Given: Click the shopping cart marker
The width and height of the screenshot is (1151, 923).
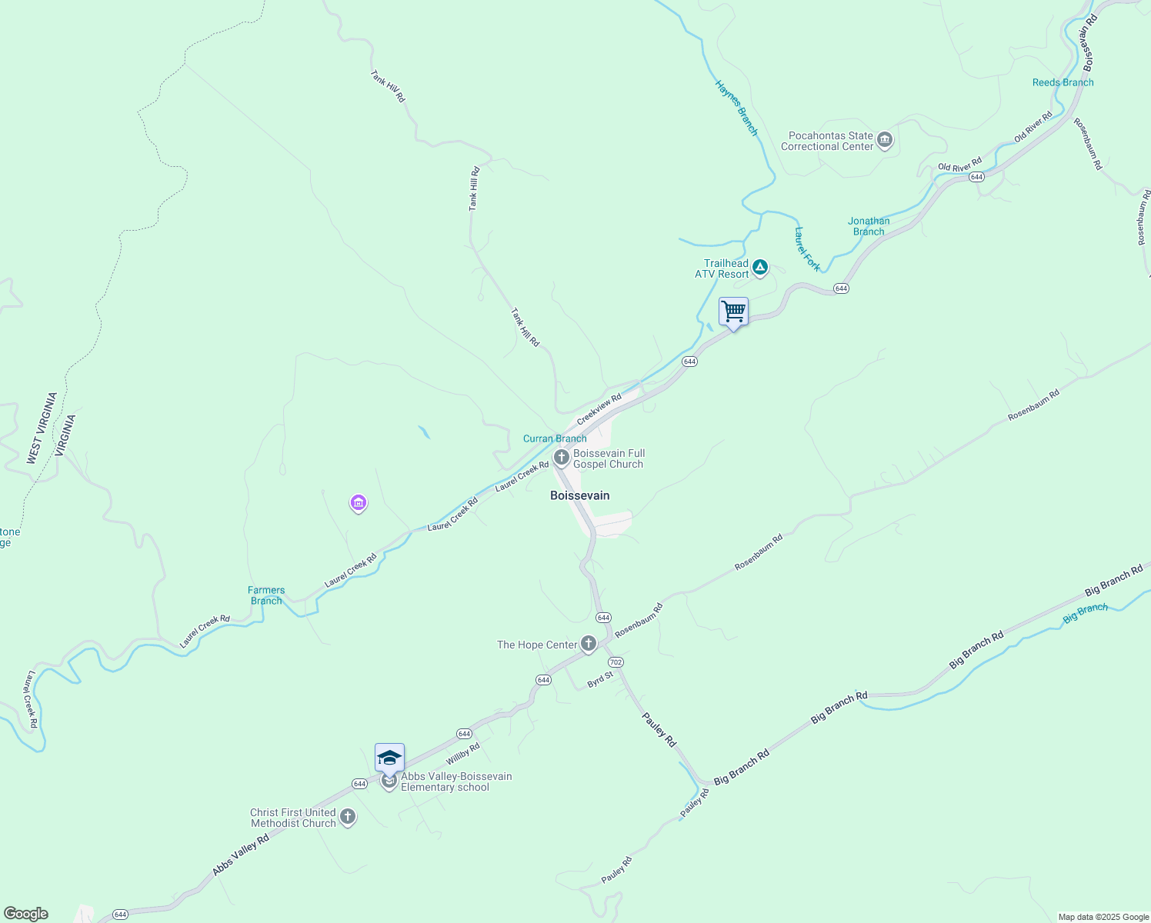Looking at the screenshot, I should point(734,312).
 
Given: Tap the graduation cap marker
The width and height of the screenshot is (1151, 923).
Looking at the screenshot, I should point(389,758).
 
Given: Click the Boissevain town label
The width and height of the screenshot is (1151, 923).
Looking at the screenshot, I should point(579,495).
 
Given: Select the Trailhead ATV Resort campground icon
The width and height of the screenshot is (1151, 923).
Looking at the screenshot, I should point(760,268).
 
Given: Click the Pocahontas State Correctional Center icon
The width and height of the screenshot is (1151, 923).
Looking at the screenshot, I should point(885,140).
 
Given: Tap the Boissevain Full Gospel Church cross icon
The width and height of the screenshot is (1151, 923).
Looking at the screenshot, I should point(562,458).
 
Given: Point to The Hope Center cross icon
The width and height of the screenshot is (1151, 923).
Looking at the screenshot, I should point(589,644).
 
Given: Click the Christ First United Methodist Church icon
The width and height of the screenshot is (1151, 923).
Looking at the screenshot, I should point(348,817).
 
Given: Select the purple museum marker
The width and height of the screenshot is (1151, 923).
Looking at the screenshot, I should point(358,504).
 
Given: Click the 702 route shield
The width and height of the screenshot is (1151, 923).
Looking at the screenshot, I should point(616,662).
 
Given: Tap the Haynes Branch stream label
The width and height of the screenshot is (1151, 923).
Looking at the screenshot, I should point(736,108).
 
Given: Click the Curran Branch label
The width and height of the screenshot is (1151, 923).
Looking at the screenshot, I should point(555,438).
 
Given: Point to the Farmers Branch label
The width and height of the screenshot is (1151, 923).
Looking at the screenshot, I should point(266,595).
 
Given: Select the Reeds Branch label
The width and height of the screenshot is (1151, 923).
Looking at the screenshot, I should point(1063,82).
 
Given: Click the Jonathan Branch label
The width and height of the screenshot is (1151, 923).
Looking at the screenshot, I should point(869,226).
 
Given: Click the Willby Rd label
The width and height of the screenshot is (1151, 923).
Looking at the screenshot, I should point(463,754).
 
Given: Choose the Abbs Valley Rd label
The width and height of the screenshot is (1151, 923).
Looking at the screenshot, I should point(241,855).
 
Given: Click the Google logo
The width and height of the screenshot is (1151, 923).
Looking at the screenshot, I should point(26,914).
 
